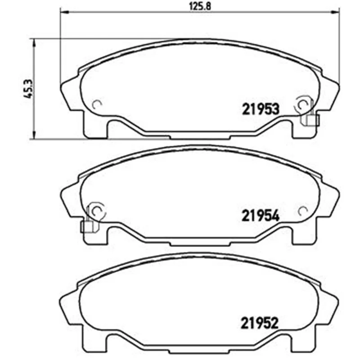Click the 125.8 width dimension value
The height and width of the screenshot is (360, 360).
click(x=200, y=6)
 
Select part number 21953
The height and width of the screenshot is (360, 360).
click(x=261, y=109)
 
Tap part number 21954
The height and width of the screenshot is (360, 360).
click(x=261, y=216)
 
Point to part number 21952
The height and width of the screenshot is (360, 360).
click(x=260, y=323)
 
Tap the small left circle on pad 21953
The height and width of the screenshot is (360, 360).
click(x=96, y=105)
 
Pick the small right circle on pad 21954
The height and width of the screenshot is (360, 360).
click(x=303, y=211)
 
